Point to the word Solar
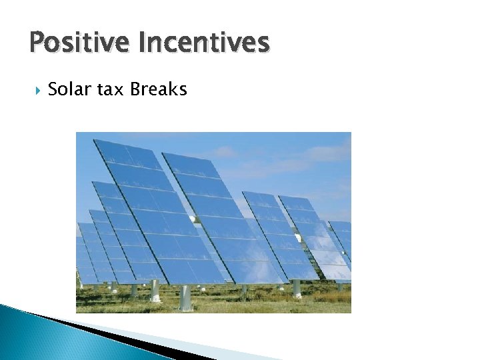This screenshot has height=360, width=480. tap(69, 89)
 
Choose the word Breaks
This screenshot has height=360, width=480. tap(159, 89)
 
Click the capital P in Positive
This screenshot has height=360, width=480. tap(37, 43)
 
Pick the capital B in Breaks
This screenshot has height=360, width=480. tap(135, 89)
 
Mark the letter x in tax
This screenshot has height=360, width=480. tap(119, 90)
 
